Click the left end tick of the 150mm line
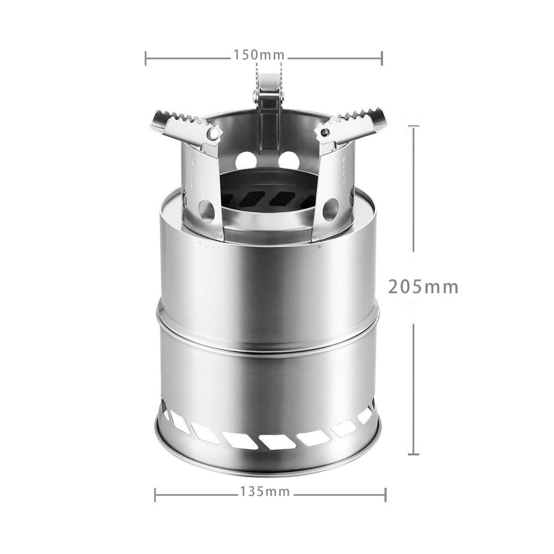pos(146,56)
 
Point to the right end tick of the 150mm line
pos(382,56)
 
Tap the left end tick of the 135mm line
pos(154,492)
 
